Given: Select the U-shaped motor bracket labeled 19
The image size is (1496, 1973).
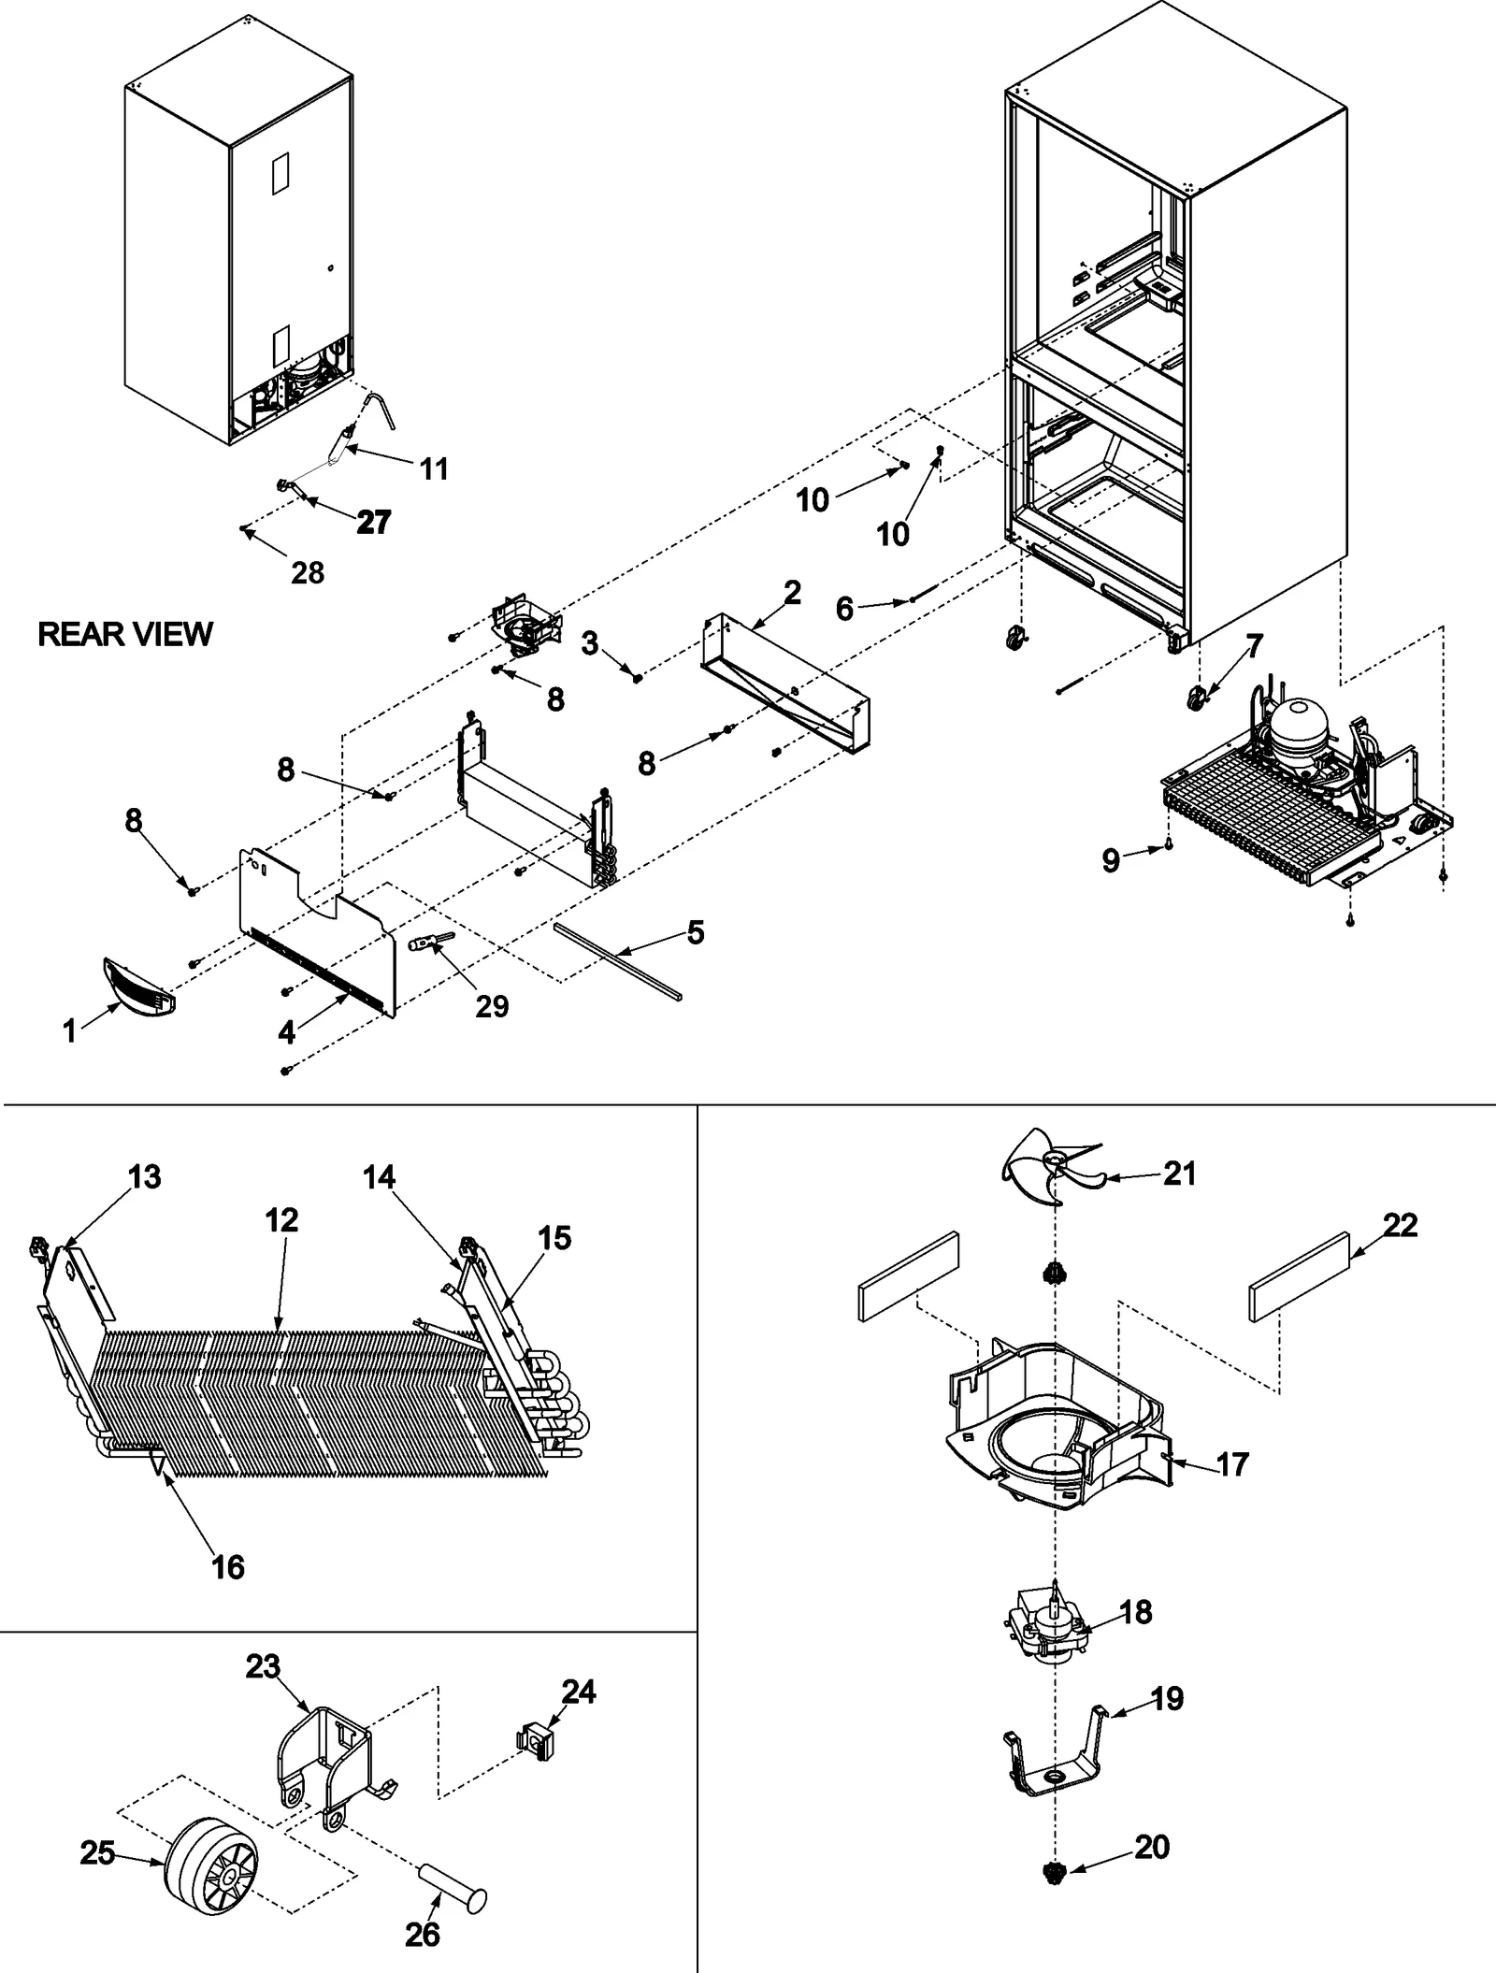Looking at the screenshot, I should point(1054,1764).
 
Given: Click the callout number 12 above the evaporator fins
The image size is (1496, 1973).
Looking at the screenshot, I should point(280,1219).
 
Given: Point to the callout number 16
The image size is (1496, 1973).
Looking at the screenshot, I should point(228,1566).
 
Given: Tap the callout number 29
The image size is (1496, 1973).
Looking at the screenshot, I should point(492,1006).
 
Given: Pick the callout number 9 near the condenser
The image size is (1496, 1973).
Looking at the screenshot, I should point(1110,859).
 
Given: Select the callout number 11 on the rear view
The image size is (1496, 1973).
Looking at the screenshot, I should point(434,468).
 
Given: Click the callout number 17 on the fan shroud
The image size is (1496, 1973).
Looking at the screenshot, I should point(1232,1463).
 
